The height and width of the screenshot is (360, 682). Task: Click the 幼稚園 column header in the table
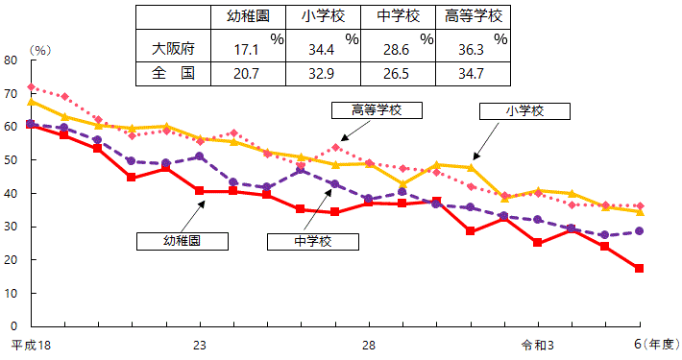(x=249, y=16)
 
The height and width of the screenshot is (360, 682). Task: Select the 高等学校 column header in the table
(x=474, y=16)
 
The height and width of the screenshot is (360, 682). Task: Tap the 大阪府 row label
(x=173, y=46)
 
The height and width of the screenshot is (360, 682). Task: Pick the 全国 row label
(x=173, y=73)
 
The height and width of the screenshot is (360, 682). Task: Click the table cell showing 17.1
(x=249, y=47)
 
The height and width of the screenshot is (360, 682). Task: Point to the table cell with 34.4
(x=324, y=47)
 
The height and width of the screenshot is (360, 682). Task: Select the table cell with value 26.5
(x=399, y=73)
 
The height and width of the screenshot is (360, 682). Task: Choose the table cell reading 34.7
(x=474, y=73)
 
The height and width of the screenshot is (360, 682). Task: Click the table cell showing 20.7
(x=249, y=73)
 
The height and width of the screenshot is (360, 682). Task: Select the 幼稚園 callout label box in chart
(x=182, y=240)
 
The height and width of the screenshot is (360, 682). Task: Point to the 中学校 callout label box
(x=311, y=240)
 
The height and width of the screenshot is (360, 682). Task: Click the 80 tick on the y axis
(x=11, y=60)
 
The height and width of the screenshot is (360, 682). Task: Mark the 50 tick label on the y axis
(x=11, y=160)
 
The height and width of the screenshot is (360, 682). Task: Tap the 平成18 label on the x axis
(x=30, y=343)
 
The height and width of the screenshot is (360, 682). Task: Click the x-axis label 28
(x=369, y=343)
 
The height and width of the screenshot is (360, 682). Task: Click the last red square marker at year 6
(x=639, y=268)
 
